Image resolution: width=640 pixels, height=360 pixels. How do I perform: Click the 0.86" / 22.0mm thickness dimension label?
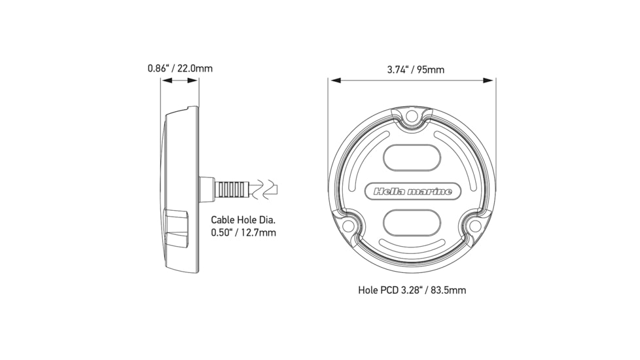point(180,68)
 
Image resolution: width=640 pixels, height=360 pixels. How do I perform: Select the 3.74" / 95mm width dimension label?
point(416,70)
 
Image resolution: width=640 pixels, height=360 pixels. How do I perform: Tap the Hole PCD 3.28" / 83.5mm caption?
point(412,290)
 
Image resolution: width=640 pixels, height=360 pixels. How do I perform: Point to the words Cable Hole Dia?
point(243,220)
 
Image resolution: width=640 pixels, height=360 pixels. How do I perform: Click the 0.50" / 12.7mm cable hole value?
point(243,232)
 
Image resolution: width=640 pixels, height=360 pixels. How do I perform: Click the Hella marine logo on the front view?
point(412,191)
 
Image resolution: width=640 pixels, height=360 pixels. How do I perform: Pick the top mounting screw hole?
point(412,117)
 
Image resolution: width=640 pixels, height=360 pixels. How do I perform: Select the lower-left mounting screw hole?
point(347,225)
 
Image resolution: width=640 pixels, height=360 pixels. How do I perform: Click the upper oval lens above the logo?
point(412,158)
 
